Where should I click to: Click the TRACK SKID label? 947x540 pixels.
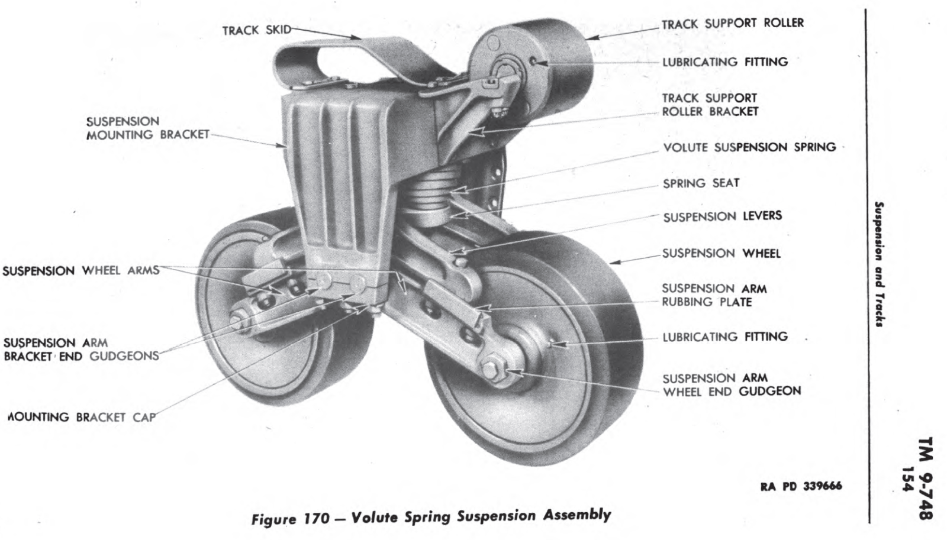(256, 30)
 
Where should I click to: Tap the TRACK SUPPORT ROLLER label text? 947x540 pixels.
(732, 24)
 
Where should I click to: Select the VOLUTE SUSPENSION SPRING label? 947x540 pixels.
(749, 147)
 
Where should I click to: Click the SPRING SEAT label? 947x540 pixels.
(701, 183)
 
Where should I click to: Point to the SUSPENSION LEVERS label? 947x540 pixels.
(721, 216)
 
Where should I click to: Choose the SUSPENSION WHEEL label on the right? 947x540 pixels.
(721, 254)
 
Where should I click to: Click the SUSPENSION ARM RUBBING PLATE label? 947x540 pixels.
(713, 295)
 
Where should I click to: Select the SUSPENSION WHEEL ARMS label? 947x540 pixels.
(81, 271)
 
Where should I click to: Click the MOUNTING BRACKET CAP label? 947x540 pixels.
(82, 417)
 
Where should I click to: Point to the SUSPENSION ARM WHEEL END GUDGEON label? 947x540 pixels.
(731, 384)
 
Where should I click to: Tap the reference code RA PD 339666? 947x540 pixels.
(800, 486)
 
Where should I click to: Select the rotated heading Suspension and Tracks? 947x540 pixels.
(881, 264)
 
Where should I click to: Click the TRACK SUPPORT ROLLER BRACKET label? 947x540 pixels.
(709, 105)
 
